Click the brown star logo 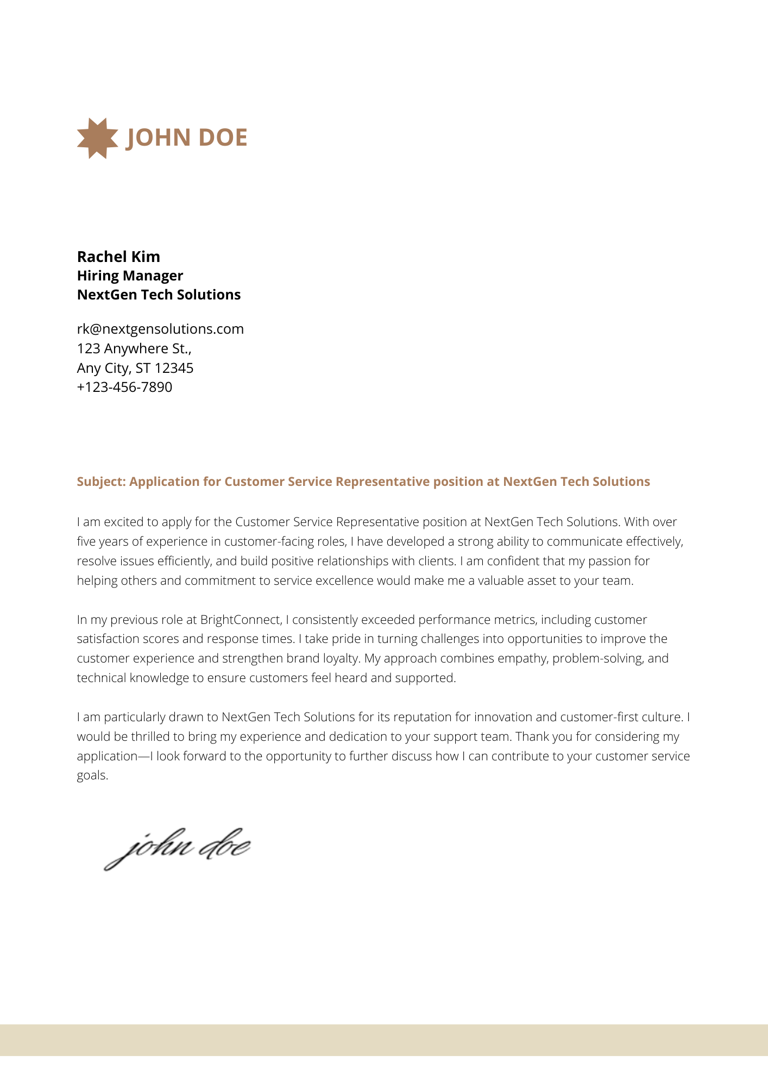coord(97,138)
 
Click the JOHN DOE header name coord(186,138)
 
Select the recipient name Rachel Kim coord(118,257)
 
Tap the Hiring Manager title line coord(130,276)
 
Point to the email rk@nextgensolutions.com coord(160,329)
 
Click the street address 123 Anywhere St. coord(134,348)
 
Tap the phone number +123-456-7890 coord(124,387)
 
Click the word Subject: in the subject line coord(101,482)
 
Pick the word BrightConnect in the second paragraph coord(241,620)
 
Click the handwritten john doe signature coord(177,848)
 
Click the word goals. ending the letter coord(92,776)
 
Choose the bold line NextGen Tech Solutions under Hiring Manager coord(159,295)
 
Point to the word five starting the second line coord(86,541)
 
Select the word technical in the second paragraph coord(102,678)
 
